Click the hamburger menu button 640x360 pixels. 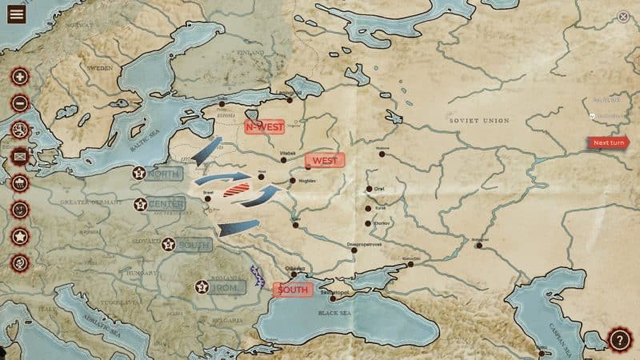tap(16, 14)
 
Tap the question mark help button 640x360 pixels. tap(620, 339)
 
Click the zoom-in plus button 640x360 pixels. tap(20, 77)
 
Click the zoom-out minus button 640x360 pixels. tap(20, 103)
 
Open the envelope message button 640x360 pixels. tap(20, 156)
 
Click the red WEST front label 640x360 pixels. tap(324, 160)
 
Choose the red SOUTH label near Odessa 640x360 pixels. tap(292, 289)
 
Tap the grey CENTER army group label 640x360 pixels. tap(166, 204)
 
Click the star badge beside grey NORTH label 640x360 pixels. tap(139, 173)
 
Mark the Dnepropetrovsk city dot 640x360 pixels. tap(354, 250)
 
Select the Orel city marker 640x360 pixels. tap(369, 189)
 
